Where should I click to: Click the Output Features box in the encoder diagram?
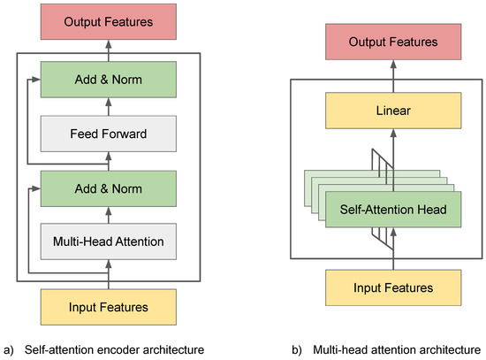[x=108, y=20]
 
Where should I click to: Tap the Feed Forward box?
[x=108, y=135]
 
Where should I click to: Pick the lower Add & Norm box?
[x=108, y=188]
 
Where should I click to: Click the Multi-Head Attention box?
[x=108, y=239]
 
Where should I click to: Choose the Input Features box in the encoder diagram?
[x=108, y=307]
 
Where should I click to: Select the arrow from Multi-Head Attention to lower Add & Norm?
[x=108, y=213]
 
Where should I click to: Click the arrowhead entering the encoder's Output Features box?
[x=108, y=43]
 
